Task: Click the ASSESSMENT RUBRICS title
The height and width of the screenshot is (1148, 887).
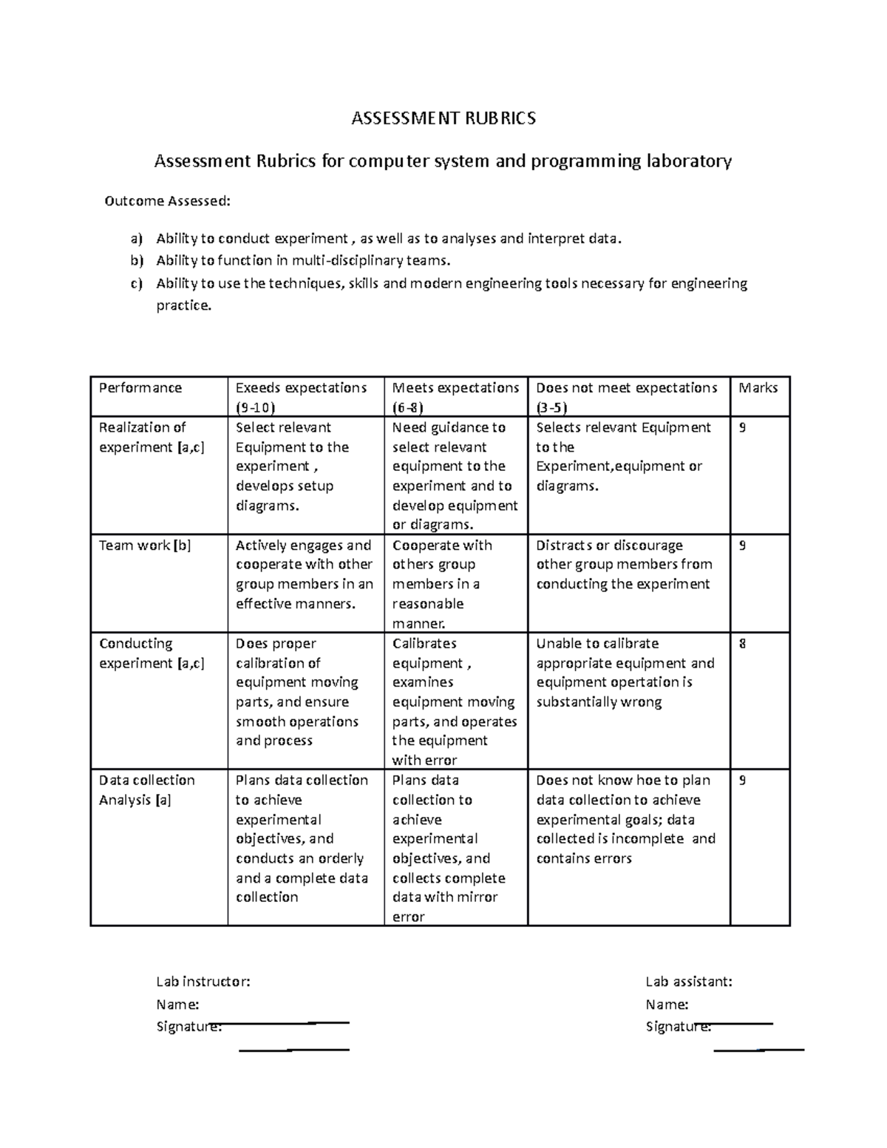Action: click(443, 118)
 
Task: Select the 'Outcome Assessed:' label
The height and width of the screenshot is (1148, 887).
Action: click(167, 200)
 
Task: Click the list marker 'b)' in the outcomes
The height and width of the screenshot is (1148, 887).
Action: click(135, 260)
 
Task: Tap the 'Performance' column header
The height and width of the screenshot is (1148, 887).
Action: click(140, 388)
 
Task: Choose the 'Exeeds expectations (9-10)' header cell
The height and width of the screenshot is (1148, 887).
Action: click(301, 397)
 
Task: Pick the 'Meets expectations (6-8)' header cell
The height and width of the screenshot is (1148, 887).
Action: click(455, 397)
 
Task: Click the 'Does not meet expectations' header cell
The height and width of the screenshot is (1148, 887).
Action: click(626, 397)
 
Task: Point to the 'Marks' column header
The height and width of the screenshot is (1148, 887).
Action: click(758, 388)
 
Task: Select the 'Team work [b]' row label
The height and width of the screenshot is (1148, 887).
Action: click(145, 546)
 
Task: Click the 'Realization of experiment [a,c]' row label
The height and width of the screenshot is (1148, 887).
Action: click(152, 437)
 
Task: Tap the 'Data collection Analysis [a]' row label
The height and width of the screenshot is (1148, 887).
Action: click(147, 789)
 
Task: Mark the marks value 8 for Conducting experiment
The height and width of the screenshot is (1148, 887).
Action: click(742, 644)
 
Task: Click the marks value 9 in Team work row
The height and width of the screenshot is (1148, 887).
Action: click(742, 546)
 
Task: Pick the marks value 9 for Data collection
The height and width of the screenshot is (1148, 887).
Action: click(742, 781)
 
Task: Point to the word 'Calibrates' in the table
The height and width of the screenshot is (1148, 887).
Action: click(424, 644)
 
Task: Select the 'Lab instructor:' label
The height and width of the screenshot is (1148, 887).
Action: click(203, 982)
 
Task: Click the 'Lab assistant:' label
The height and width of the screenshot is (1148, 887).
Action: click(689, 982)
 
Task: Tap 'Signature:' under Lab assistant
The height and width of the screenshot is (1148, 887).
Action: click(679, 1026)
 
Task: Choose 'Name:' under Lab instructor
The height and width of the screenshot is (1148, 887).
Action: click(177, 1005)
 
